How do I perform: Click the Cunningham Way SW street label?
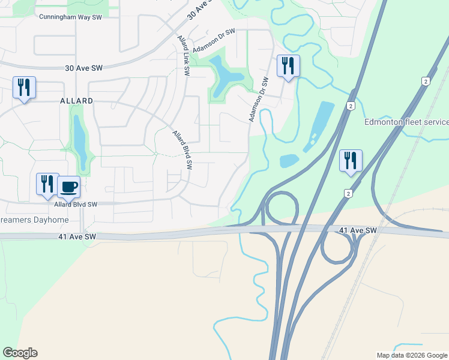tap(69, 17)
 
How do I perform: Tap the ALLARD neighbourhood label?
tap(76, 101)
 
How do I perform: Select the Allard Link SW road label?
tap(182, 55)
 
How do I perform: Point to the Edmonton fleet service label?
tap(406, 122)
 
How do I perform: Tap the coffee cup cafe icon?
tap(69, 187)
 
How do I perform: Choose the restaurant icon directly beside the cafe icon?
tap(47, 184)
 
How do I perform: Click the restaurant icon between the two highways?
tap(351, 161)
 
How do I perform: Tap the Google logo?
tap(20, 353)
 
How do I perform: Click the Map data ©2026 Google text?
tap(412, 355)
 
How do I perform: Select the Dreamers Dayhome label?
tap(34, 220)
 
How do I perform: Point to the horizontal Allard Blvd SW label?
tap(76, 205)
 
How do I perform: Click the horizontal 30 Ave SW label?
tap(84, 68)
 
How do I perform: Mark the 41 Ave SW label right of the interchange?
tap(358, 230)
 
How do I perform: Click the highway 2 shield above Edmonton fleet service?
tap(426, 82)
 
